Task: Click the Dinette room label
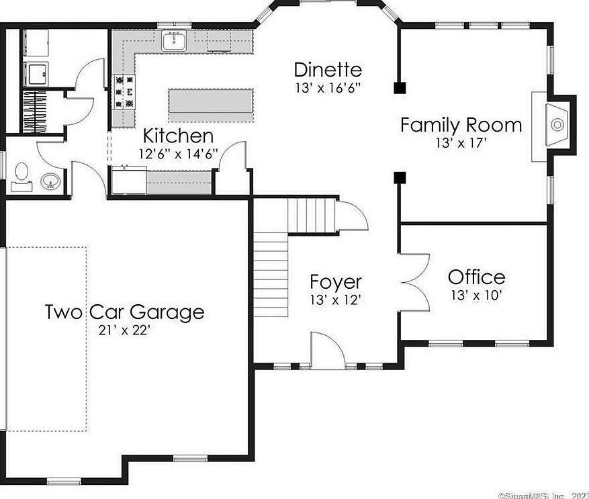(x=328, y=69)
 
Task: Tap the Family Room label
(x=461, y=125)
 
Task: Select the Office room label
(x=476, y=277)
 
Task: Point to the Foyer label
(x=335, y=282)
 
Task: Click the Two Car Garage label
(x=124, y=312)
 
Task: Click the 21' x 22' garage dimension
(x=124, y=330)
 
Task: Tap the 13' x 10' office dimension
(x=476, y=294)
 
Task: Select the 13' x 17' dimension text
(x=461, y=142)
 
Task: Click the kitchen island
(x=211, y=103)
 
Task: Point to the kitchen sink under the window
(x=175, y=42)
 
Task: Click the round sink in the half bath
(x=50, y=181)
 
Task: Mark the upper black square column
(x=399, y=87)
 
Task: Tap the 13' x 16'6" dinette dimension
(x=328, y=87)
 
